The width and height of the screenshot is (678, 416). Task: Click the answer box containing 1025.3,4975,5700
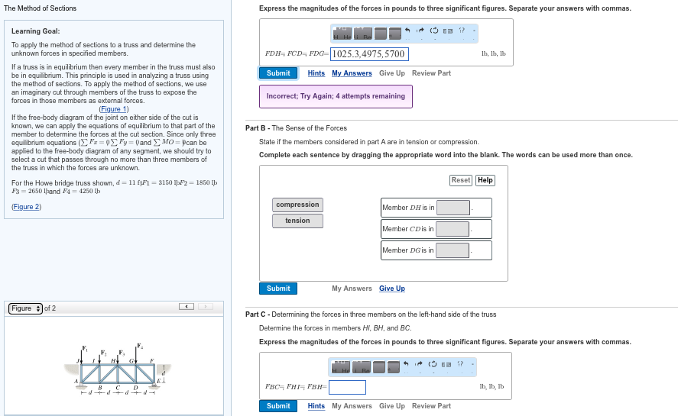pos(369,54)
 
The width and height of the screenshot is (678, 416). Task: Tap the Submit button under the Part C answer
pos(278,406)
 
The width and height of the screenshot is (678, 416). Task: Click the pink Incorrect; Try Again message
pos(336,96)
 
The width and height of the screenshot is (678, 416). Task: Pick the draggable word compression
pos(297,205)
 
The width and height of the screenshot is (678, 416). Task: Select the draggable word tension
pos(297,221)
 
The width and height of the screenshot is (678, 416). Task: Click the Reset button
pos(461,180)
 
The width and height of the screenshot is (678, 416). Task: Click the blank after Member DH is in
pos(453,208)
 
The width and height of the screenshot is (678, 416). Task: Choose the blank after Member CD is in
pos(453,229)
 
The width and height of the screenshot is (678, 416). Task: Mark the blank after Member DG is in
pos(453,250)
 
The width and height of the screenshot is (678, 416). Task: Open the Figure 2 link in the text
pos(27,207)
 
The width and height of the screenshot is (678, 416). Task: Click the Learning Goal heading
pos(36,31)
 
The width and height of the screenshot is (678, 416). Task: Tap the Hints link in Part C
pos(316,406)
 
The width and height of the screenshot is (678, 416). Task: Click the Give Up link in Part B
pos(392,289)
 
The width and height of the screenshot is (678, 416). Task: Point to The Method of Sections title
pos(41,8)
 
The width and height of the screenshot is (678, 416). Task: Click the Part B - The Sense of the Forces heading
pos(296,128)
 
